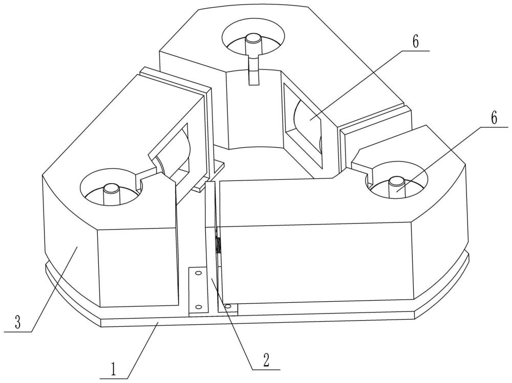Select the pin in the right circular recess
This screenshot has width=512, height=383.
397,183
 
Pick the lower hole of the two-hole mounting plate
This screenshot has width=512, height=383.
197,307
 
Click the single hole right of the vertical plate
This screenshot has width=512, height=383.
228,306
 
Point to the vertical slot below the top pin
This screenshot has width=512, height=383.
253,72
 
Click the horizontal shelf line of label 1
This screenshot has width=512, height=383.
115,378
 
